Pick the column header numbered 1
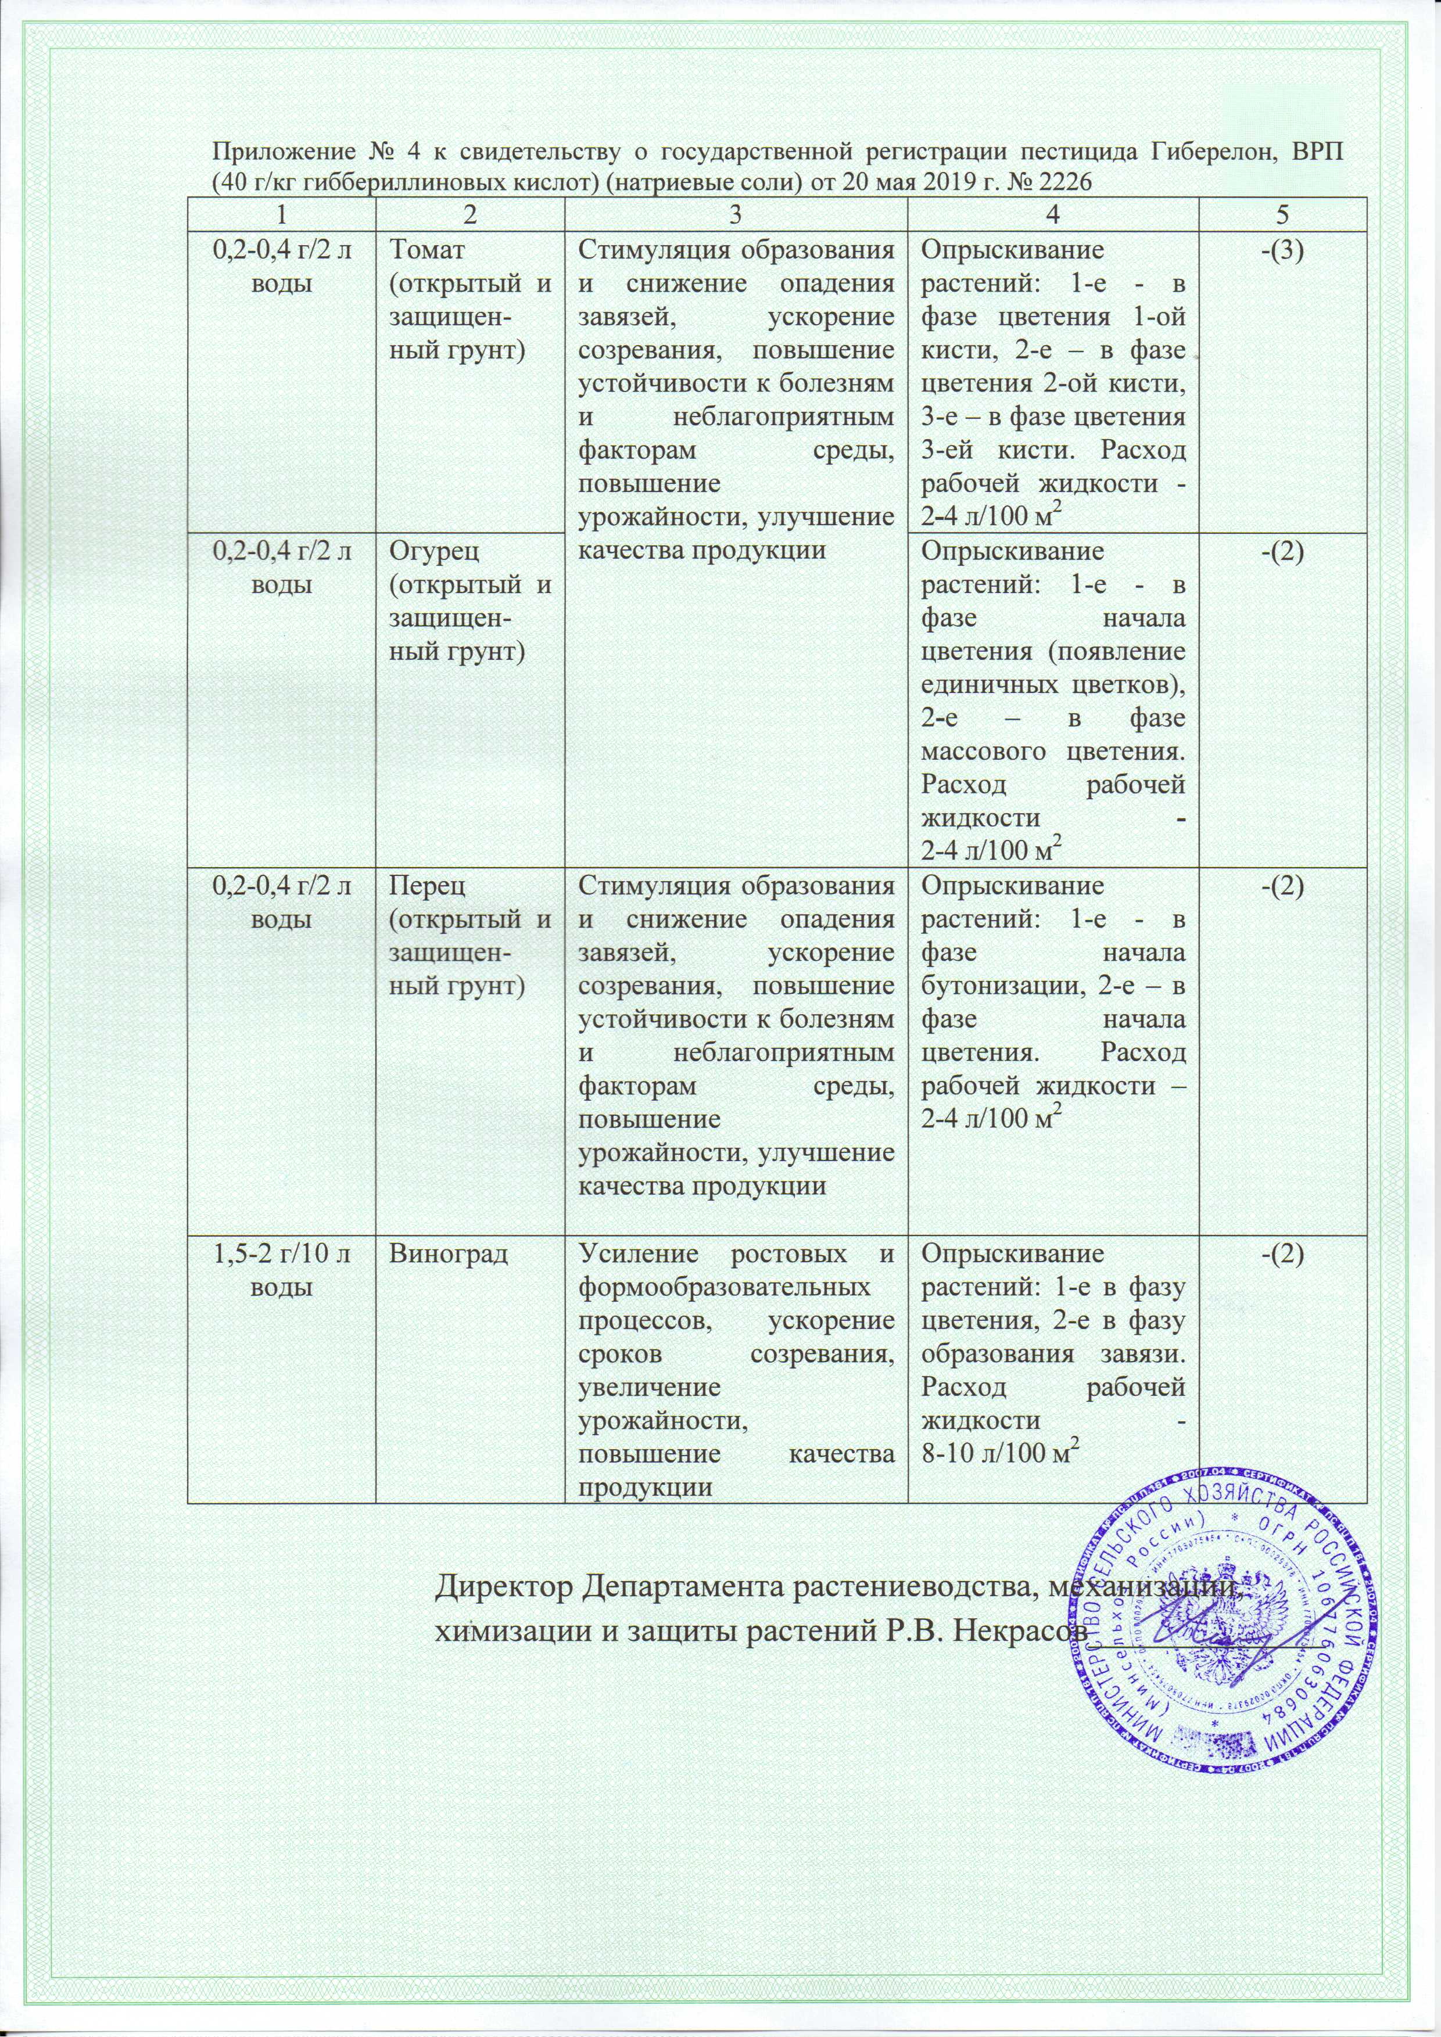[x=281, y=214]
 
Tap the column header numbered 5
[x=1282, y=214]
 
